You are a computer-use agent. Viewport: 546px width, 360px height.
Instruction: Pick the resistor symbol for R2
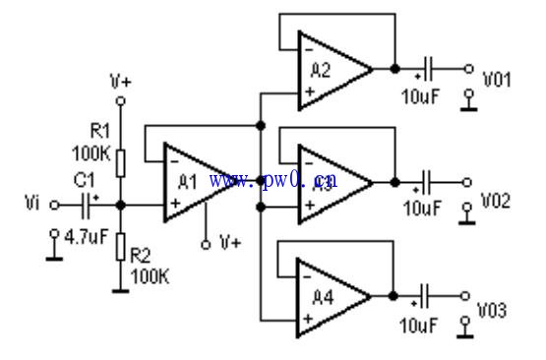click(120, 247)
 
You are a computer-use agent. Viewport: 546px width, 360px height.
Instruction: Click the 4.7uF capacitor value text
click(87, 236)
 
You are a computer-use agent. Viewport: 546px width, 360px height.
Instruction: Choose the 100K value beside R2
click(150, 276)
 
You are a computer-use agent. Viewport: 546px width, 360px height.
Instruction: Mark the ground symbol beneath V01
click(470, 101)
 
